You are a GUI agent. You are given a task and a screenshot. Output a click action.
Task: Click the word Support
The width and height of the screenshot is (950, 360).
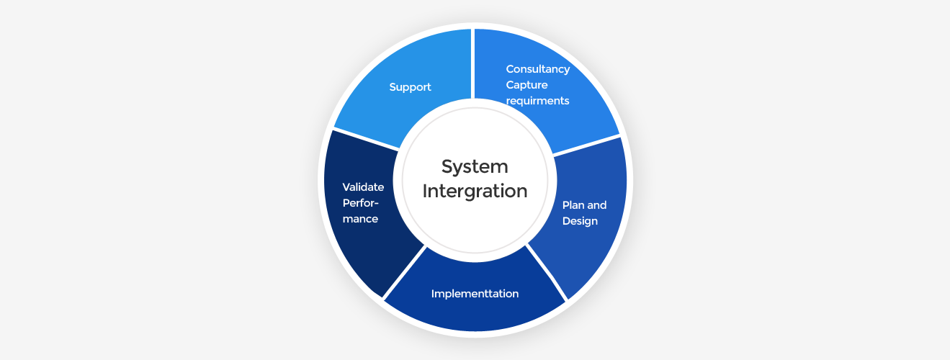pos(410,87)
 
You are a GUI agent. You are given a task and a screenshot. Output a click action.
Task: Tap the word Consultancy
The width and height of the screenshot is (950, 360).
pos(537,69)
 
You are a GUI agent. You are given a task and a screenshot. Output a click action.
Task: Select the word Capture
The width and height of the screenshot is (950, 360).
pos(526,85)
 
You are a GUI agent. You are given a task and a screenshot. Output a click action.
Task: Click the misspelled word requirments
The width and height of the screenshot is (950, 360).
pos(537,101)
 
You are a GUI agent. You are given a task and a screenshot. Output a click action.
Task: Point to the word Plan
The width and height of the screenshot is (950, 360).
pos(573,205)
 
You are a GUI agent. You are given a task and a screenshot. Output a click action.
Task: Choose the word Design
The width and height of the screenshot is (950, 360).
pos(580,221)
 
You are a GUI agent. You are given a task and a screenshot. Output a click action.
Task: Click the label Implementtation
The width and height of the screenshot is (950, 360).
pos(475,294)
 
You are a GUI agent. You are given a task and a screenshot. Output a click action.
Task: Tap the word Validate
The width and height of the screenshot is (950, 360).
pos(363,187)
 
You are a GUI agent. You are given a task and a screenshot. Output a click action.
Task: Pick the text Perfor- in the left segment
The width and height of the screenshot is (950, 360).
pos(361,203)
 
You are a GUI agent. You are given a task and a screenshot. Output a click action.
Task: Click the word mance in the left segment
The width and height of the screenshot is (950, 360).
pos(360,219)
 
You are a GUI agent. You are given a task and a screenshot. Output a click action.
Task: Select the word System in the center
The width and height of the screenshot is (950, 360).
pos(475,167)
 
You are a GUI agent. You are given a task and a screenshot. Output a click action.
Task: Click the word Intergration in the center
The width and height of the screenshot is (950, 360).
pos(475,192)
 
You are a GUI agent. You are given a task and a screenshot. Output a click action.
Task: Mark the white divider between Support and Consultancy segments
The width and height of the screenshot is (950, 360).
pos(473,65)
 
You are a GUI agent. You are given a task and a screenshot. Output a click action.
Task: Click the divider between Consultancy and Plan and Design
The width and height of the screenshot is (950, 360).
pos(585,145)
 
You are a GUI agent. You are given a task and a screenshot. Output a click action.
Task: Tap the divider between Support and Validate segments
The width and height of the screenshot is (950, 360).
pos(364,139)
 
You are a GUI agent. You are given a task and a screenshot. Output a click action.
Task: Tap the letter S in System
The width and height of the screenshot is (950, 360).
pos(447,167)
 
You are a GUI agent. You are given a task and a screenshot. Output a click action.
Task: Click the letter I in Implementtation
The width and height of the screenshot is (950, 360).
pos(433,294)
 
